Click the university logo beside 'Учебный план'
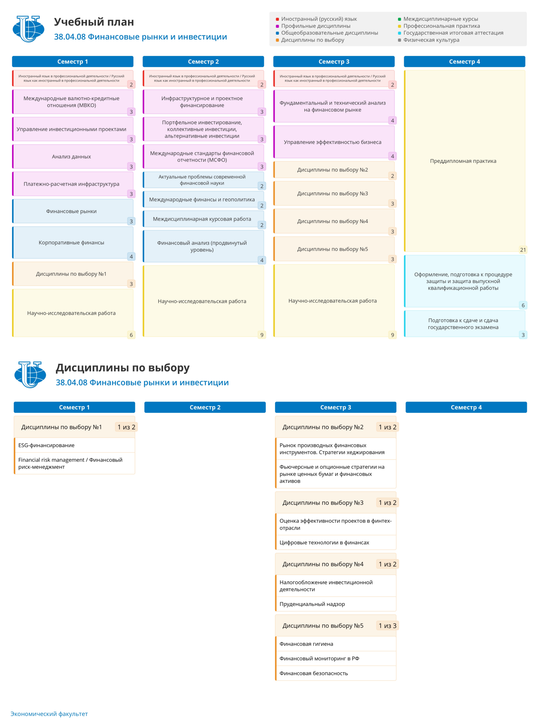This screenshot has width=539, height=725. click(28, 29)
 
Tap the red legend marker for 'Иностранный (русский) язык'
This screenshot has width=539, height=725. click(277, 19)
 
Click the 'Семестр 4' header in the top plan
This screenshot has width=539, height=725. click(464, 62)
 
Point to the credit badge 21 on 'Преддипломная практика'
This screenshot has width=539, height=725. click(523, 250)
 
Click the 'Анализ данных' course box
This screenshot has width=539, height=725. click(73, 157)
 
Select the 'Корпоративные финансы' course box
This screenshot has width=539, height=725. click(73, 243)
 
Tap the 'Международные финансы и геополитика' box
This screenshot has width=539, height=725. click(203, 199)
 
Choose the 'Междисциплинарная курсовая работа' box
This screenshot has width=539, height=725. click(203, 219)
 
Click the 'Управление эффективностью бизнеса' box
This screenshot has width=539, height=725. click(334, 142)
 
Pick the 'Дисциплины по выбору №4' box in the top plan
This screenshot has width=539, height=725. click(334, 221)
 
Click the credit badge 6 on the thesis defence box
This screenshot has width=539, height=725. click(523, 305)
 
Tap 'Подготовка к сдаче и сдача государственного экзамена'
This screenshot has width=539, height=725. click(464, 324)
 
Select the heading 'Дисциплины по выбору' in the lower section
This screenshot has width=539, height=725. click(123, 367)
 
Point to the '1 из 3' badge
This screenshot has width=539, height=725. click(388, 626)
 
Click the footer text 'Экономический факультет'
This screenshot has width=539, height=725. click(49, 714)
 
